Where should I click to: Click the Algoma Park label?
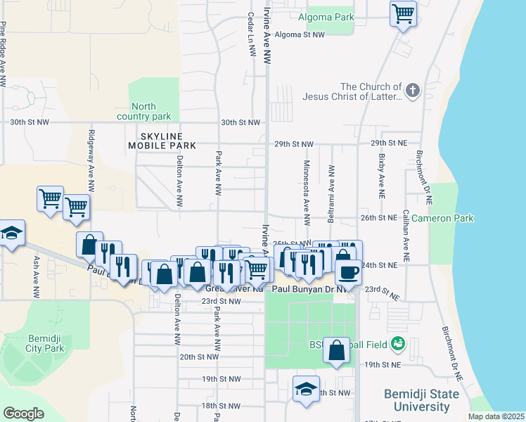tap(326, 16)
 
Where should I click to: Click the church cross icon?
tap(412, 91)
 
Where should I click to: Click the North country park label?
tap(144, 111)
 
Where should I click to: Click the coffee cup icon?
tap(348, 271)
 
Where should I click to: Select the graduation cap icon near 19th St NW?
tap(306, 389)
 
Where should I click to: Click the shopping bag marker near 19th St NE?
tap(337, 350)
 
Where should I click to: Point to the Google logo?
tap(23, 413)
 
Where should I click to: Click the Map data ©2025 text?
tap(495, 416)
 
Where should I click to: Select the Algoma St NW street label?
tap(300, 34)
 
